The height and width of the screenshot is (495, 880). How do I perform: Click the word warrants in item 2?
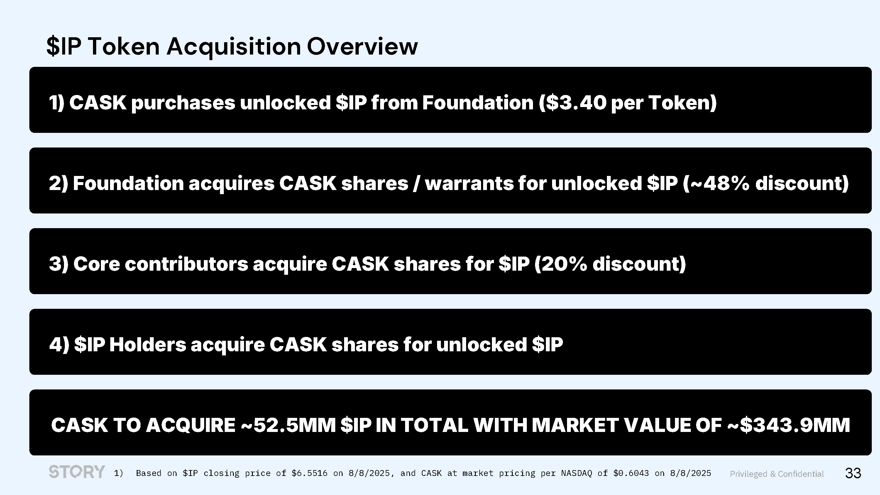click(x=469, y=184)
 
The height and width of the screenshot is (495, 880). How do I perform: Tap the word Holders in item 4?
click(x=148, y=344)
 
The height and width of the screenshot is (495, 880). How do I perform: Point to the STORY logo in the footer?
click(x=77, y=472)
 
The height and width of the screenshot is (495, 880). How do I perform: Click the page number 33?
click(x=853, y=473)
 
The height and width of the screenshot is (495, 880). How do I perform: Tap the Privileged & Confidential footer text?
click(x=777, y=474)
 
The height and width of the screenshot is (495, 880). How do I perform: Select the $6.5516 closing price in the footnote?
click(x=309, y=473)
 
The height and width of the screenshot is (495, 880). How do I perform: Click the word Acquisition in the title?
click(x=234, y=47)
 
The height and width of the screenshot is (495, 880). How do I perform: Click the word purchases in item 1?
click(x=183, y=103)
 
